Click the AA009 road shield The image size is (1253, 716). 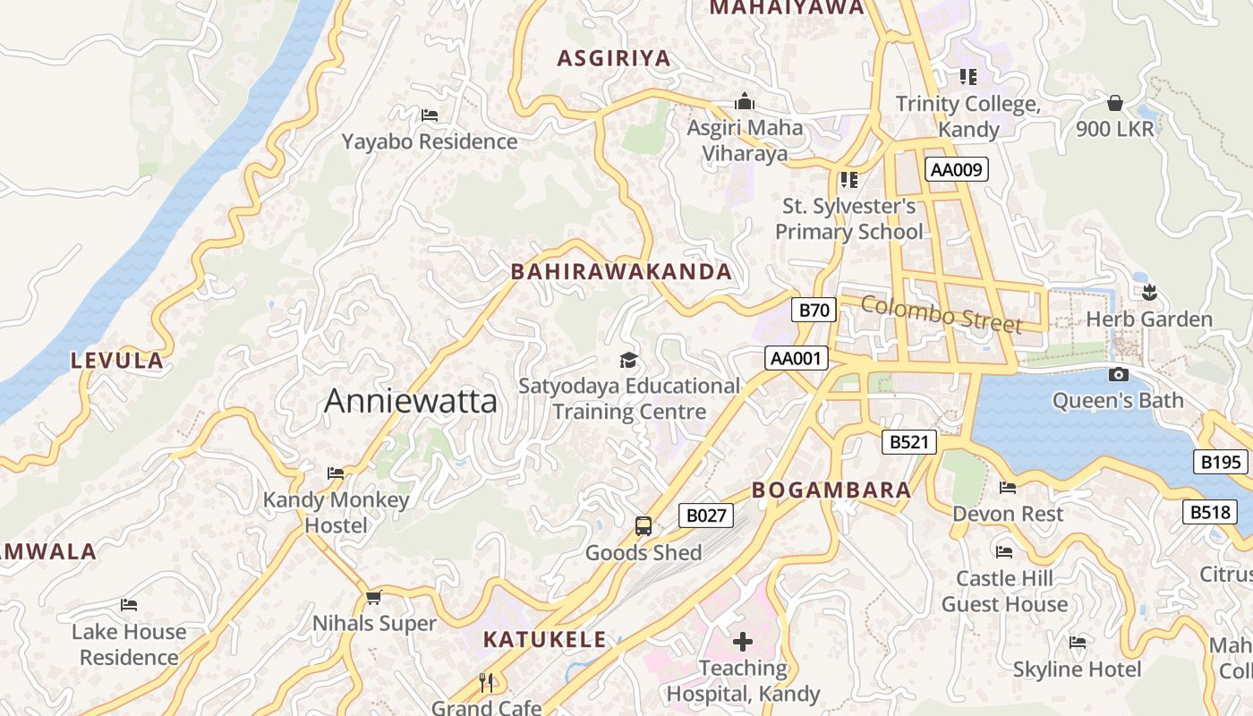pyautogui.click(x=956, y=169)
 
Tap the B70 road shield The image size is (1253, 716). pyautogui.click(x=814, y=311)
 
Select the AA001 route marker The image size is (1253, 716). pyautogui.click(x=796, y=359)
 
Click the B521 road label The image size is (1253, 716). pyautogui.click(x=908, y=441)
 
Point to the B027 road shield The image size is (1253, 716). pyautogui.click(x=705, y=516)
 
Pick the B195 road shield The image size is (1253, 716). pyautogui.click(x=1220, y=462)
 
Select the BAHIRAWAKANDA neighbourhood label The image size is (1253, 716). pyautogui.click(x=621, y=272)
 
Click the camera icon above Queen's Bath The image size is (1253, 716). pyautogui.click(x=1118, y=374)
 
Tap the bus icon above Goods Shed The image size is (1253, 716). pyautogui.click(x=643, y=525)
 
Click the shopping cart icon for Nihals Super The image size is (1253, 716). pyautogui.click(x=373, y=597)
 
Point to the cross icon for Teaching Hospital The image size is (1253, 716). pyautogui.click(x=742, y=641)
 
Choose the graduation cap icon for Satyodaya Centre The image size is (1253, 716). pyautogui.click(x=628, y=360)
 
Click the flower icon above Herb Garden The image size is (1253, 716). pyautogui.click(x=1149, y=292)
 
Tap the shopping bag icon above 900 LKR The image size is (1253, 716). pyautogui.click(x=1115, y=102)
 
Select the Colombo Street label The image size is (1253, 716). pyautogui.click(x=941, y=313)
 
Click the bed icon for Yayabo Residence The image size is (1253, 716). pyautogui.click(x=429, y=115)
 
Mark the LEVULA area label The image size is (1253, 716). pyautogui.click(x=117, y=362)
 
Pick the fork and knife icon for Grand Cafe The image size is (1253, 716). pyautogui.click(x=486, y=683)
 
